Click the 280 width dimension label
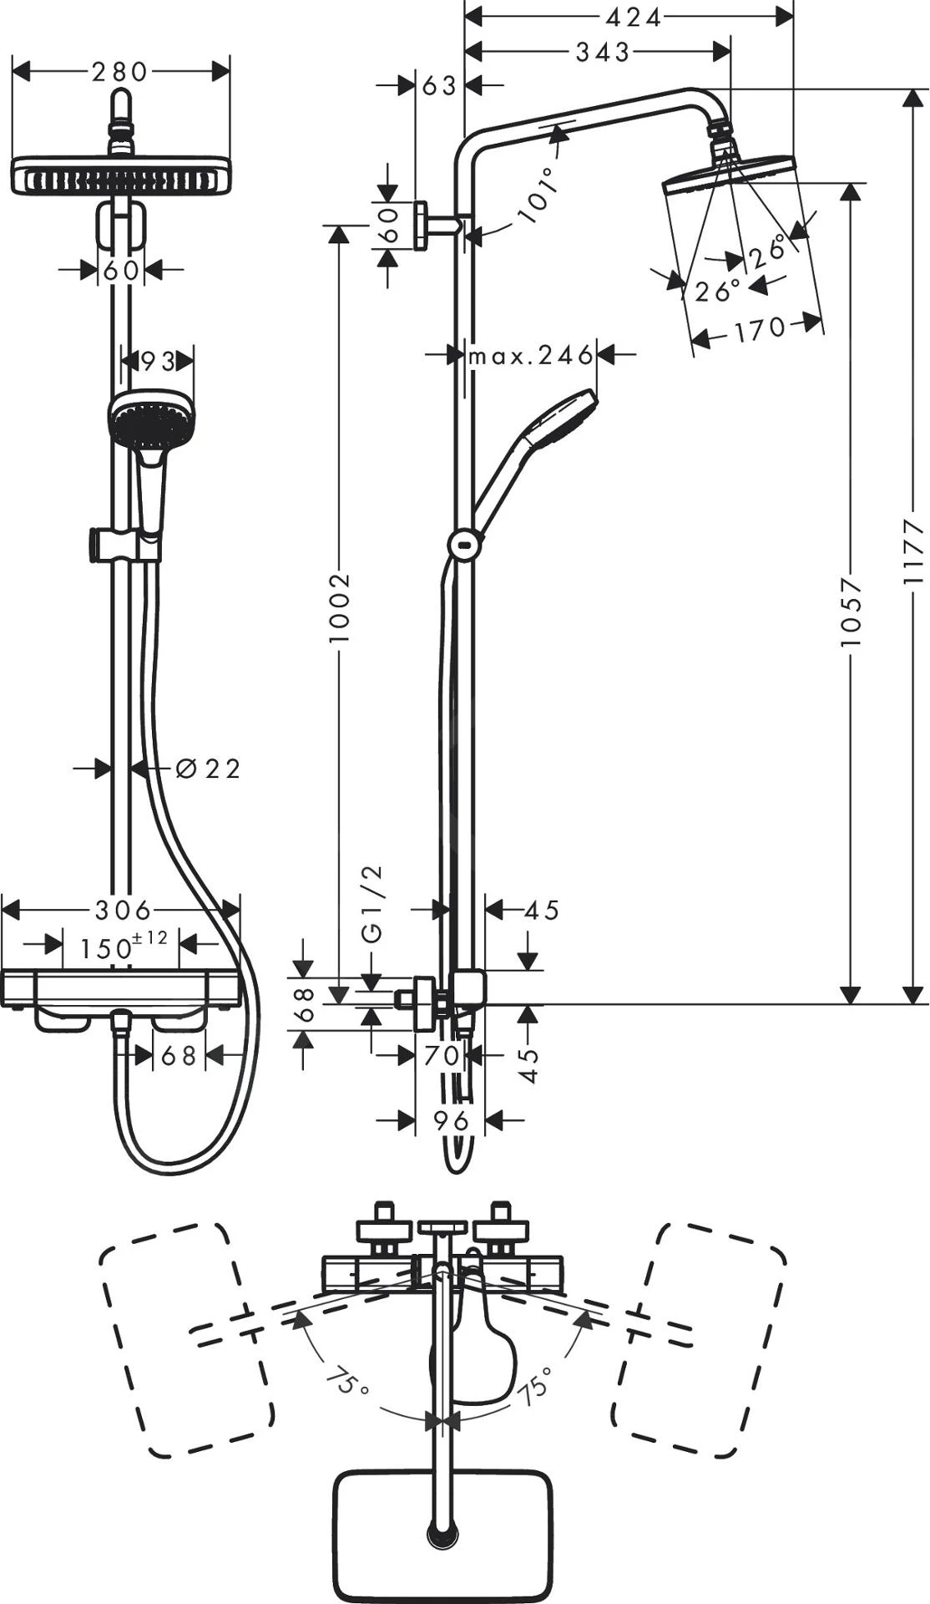[119, 72]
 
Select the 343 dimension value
[603, 53]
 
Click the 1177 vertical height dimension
[915, 551]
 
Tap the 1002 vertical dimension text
[339, 607]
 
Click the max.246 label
[531, 357]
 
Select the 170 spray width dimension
[760, 329]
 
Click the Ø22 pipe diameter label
[210, 769]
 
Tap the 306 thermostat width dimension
[123, 909]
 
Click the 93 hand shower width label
[157, 362]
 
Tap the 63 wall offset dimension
[439, 84]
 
